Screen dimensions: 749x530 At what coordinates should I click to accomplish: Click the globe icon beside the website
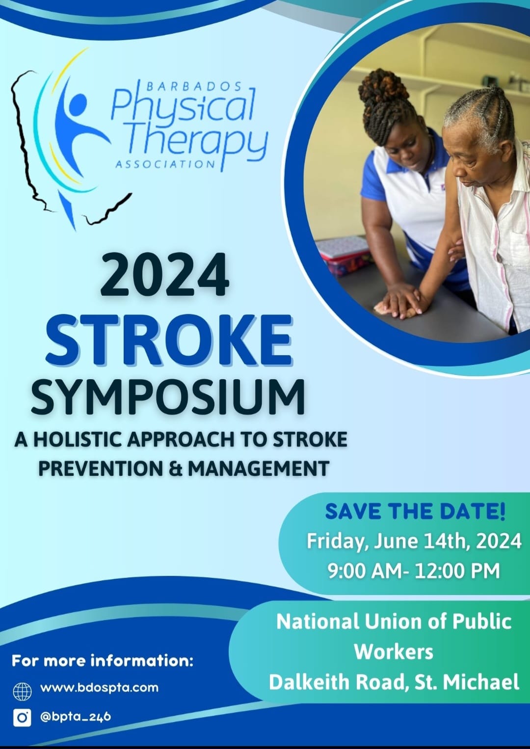point(22,691)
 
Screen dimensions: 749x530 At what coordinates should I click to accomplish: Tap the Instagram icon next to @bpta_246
point(22,718)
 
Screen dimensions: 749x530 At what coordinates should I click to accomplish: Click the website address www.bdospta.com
point(99,688)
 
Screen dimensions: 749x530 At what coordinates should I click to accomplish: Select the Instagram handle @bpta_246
point(75,717)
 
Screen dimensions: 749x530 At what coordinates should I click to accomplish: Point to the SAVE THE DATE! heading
point(415,512)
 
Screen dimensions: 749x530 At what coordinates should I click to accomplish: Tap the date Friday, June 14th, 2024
point(414,542)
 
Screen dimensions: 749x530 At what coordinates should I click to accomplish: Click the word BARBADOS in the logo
point(194,87)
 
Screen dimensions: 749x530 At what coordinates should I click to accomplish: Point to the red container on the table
point(344,255)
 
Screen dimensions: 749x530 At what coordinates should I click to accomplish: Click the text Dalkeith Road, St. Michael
point(394,682)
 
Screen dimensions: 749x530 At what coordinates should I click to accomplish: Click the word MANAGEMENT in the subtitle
point(258,468)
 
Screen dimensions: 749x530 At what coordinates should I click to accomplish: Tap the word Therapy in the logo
point(196,140)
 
